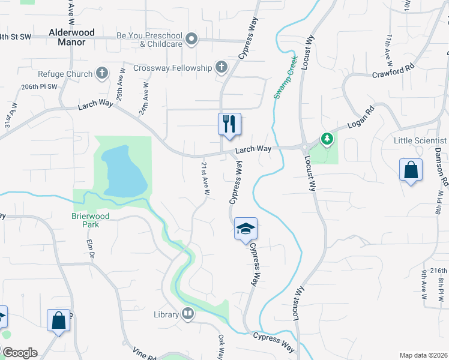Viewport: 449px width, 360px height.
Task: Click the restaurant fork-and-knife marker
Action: (229, 125)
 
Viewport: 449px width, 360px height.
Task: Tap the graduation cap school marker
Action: (246, 229)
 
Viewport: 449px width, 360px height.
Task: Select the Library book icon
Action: (188, 314)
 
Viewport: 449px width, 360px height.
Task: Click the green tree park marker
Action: (327, 140)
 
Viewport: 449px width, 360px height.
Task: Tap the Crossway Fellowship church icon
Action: (221, 67)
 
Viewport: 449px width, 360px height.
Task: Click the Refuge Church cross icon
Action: (102, 74)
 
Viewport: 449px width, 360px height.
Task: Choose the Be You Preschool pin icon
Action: (191, 40)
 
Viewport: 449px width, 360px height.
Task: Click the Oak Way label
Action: (221, 347)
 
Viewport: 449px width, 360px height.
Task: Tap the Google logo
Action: (19, 353)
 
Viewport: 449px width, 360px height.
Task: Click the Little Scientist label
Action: (421, 140)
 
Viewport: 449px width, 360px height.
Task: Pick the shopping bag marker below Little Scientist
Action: (411, 170)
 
